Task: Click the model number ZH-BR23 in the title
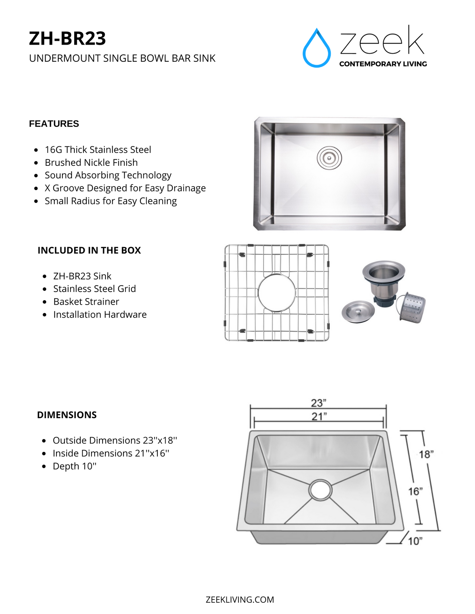pos(67,38)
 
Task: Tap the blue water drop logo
pos(317,49)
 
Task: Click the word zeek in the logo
pos(382,42)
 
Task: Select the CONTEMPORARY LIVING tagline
pos(383,64)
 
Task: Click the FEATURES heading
pos(54,124)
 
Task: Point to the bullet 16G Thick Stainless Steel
pos(98,150)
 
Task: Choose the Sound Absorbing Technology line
pos(108,175)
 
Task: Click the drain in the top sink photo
pos(329,158)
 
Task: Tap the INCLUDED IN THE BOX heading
pos(89,250)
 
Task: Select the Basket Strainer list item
pos(86,302)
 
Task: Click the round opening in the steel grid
pos(276,293)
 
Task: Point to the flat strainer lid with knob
pos(358,311)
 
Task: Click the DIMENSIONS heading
pos(67,415)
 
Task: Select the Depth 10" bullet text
pos(74,466)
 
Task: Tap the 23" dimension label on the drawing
pos(318,403)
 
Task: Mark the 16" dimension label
pos(415,491)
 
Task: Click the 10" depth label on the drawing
pos(415,541)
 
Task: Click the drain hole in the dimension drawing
pos(320,490)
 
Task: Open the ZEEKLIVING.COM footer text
pos(240,600)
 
